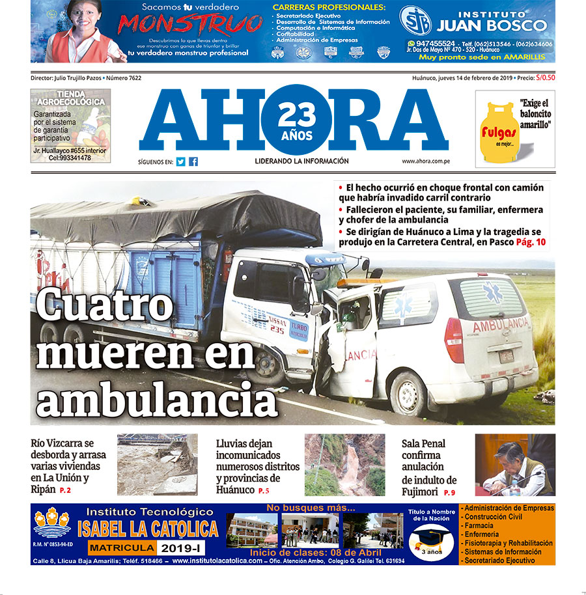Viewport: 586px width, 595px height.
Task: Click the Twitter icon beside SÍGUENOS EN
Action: coord(180,162)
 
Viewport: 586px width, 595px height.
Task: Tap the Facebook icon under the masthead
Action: coord(193,162)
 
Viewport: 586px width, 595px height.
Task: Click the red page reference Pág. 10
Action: coord(531,242)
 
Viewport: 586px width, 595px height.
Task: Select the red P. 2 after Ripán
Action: coord(65,490)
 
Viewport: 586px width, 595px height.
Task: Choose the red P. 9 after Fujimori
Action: coord(450,493)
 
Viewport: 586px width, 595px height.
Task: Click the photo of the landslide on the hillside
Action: coord(344,465)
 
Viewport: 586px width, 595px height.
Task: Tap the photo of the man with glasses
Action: coord(514,465)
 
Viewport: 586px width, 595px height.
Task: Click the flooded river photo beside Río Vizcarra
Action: coord(157,465)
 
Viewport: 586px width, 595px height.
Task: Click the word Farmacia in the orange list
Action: coord(479,525)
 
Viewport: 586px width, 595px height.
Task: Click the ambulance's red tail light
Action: coord(454,340)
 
